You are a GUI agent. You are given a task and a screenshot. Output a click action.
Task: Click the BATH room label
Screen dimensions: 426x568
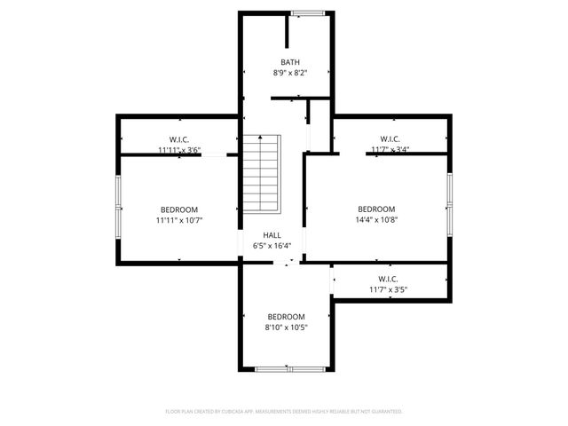pyautogui.click(x=290, y=62)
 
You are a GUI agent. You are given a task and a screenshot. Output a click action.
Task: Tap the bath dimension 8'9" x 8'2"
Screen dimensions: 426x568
pyautogui.click(x=290, y=73)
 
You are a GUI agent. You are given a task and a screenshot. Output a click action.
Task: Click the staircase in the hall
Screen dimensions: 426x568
pyautogui.click(x=262, y=174)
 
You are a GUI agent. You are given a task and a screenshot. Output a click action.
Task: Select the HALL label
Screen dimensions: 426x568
pyautogui.click(x=272, y=235)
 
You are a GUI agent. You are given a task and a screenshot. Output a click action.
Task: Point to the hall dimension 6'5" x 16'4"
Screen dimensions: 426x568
pyautogui.click(x=272, y=246)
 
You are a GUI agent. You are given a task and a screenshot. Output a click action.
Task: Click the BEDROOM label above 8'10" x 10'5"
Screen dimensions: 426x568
pyautogui.click(x=287, y=317)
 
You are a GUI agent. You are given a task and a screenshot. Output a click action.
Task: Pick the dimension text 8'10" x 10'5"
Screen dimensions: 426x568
pyautogui.click(x=287, y=327)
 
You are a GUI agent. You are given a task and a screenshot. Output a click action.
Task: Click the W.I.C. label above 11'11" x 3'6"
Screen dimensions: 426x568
pyautogui.click(x=180, y=139)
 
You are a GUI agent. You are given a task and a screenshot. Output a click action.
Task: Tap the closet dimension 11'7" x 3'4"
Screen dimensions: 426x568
pyautogui.click(x=390, y=150)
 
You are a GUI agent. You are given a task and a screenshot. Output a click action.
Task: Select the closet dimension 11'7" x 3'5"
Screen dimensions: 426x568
pyautogui.click(x=390, y=290)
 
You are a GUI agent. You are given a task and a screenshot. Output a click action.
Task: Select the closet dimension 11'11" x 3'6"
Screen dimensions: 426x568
pyautogui.click(x=180, y=150)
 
